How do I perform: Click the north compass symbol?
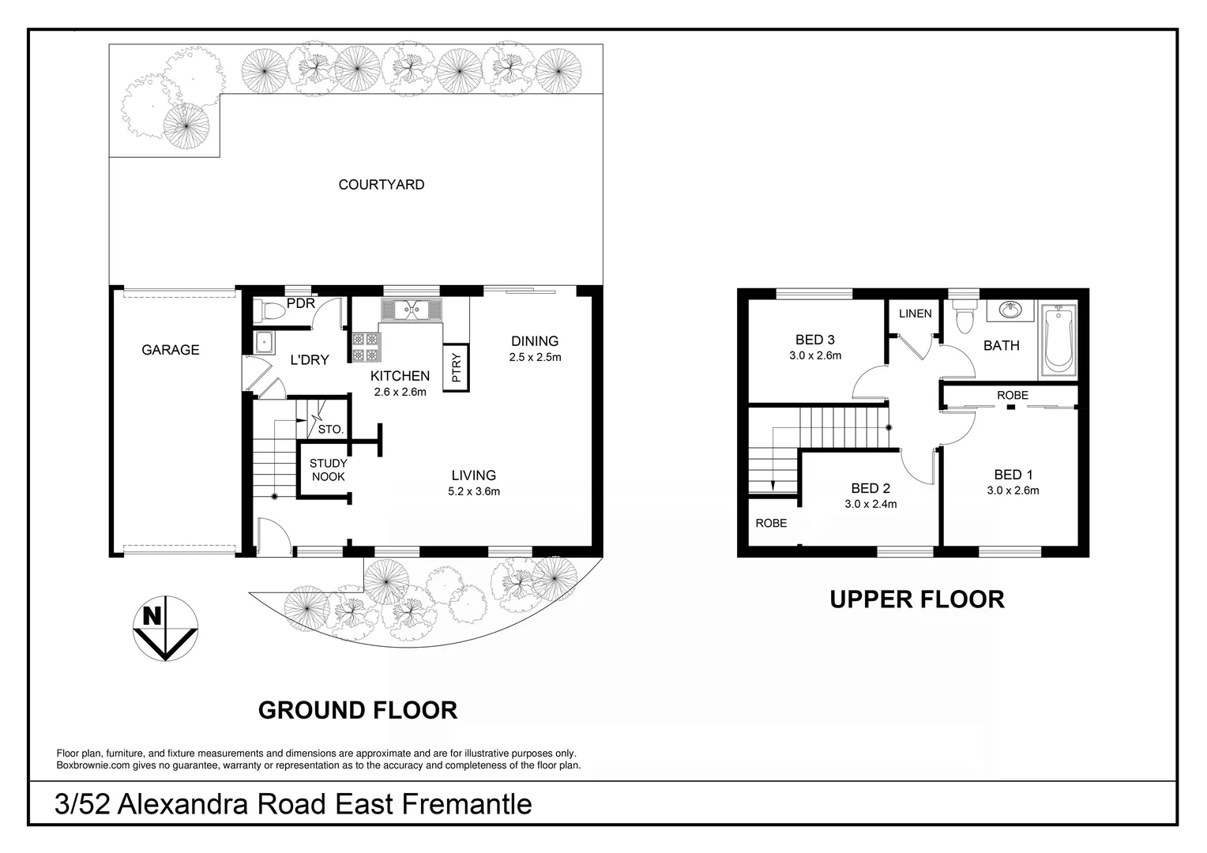click(x=164, y=628)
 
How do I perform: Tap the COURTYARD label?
click(x=382, y=185)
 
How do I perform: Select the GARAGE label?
click(x=171, y=350)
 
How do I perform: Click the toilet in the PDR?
click(x=269, y=311)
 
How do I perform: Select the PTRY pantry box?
click(x=457, y=368)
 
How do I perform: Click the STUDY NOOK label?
click(x=328, y=470)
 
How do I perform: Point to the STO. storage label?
click(x=330, y=430)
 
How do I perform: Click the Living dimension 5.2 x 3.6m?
click(x=474, y=491)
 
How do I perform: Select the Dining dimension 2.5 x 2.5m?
click(x=535, y=357)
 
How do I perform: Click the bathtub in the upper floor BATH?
click(x=1058, y=340)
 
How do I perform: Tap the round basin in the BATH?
click(x=1009, y=310)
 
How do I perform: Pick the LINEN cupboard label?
click(x=916, y=314)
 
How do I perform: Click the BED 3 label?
click(x=815, y=340)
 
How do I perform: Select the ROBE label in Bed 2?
click(x=771, y=523)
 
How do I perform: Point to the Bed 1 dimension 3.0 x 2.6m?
click(x=1013, y=490)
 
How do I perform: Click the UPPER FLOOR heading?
click(x=917, y=599)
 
